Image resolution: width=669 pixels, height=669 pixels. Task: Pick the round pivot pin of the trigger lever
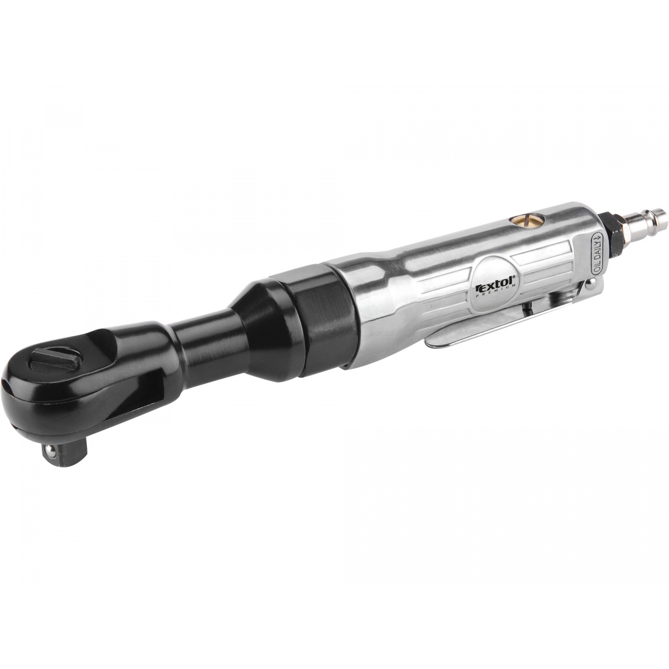click(x=589, y=275)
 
